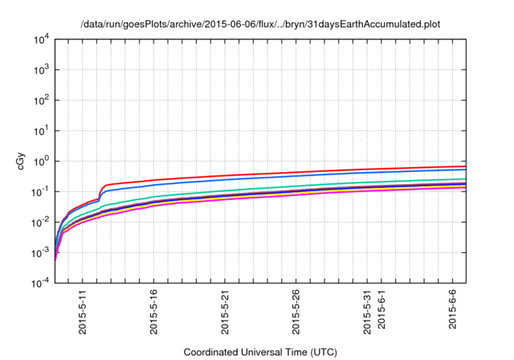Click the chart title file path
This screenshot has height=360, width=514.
(x=260, y=24)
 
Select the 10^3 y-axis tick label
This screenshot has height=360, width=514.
(x=41, y=70)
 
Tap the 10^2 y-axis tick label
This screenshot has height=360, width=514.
(x=41, y=100)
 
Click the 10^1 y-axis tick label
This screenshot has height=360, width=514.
(x=41, y=131)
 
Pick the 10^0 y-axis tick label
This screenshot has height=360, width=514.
(x=41, y=162)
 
